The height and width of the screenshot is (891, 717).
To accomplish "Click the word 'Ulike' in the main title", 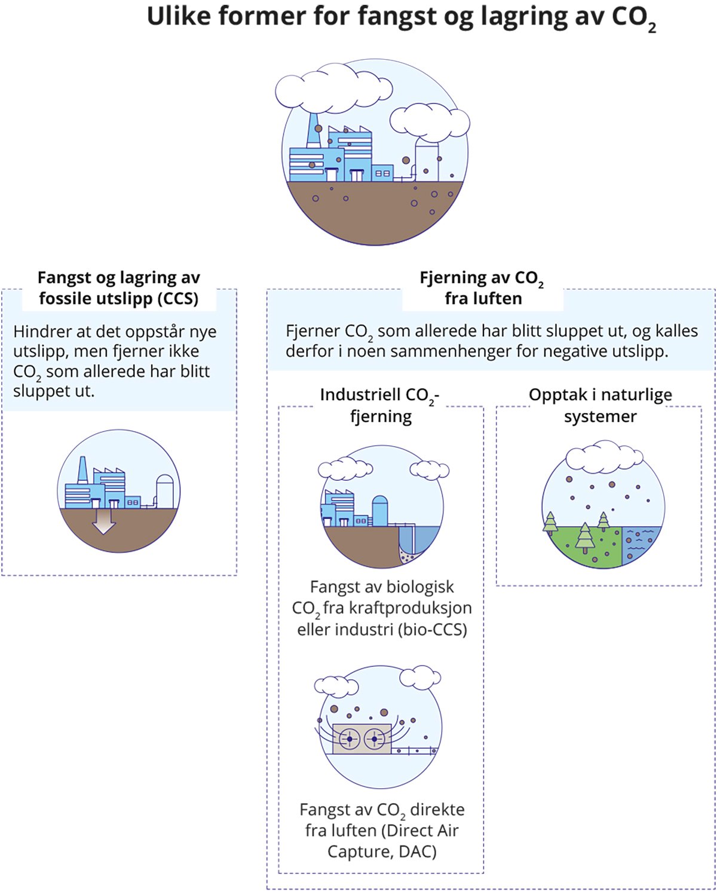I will point(177,17).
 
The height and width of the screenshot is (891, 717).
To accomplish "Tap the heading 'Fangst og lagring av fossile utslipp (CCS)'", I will point(118,288).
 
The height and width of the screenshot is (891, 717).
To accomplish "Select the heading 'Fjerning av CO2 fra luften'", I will point(482,288).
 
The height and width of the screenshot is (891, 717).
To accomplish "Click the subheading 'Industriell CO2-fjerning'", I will point(381,405).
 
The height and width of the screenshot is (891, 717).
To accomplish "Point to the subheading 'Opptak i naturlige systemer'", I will point(600,405).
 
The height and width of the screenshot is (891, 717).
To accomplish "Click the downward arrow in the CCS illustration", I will point(104,521).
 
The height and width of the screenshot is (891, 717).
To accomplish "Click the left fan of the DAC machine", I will point(350,740).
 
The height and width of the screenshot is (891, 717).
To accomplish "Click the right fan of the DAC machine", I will point(375,740).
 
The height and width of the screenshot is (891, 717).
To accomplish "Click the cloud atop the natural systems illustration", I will point(603,456).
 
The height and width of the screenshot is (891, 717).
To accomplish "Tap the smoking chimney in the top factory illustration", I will point(312,132).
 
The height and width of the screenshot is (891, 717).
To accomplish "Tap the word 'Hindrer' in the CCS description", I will point(39,332).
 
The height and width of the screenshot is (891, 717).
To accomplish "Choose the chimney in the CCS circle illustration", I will point(82,471).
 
